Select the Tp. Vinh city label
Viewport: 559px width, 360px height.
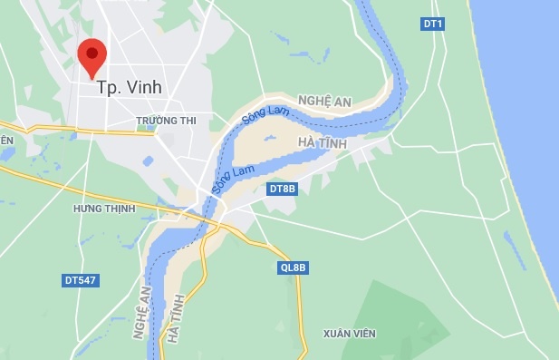click(130, 88)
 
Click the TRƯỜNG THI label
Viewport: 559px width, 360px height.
click(165, 120)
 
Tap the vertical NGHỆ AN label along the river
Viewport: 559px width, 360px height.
click(140, 313)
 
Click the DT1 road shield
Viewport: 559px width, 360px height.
click(433, 23)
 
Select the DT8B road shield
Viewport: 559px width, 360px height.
click(283, 189)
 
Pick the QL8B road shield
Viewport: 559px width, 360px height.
click(293, 268)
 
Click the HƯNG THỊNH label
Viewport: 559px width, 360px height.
click(104, 209)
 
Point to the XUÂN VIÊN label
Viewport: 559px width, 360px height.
click(349, 334)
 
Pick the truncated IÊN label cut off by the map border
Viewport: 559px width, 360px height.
click(6, 140)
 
